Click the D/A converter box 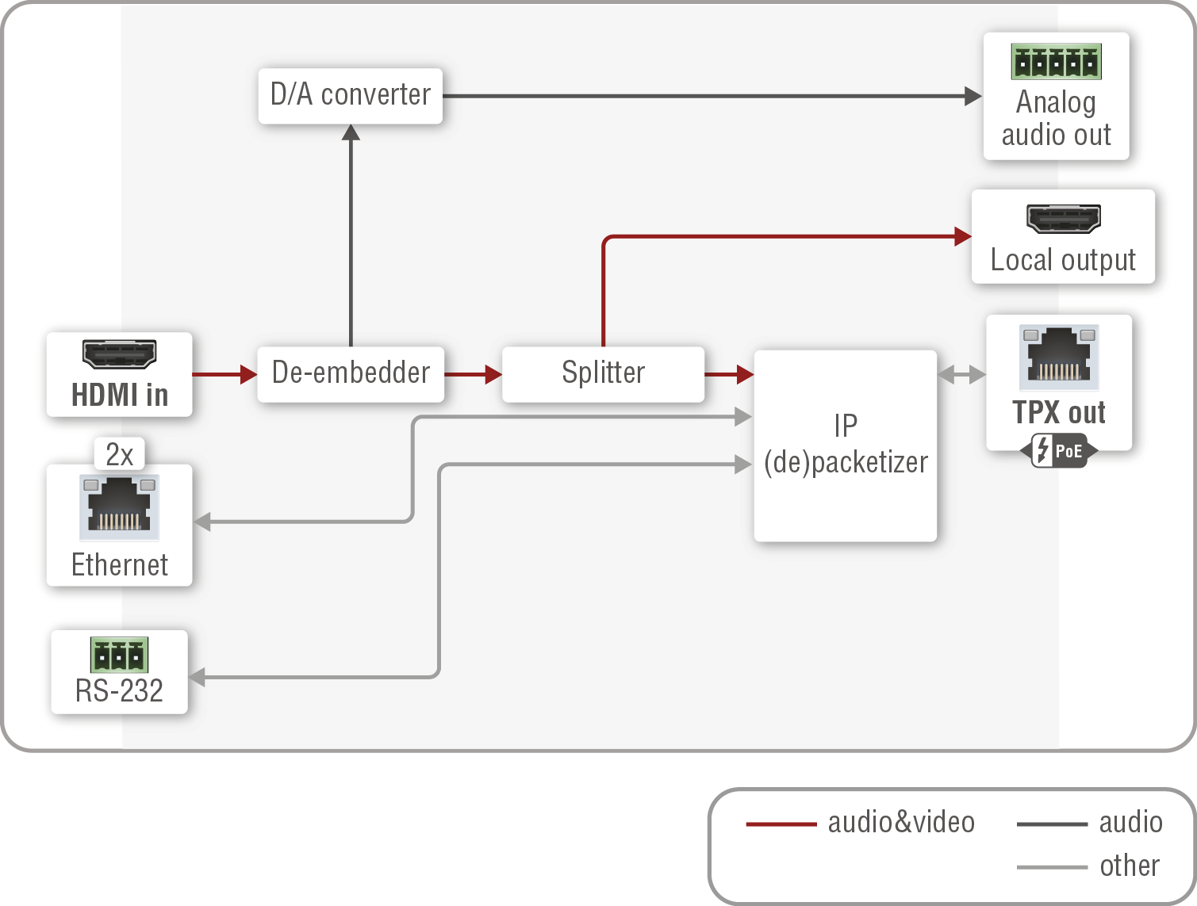pos(350,95)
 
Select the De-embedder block pos(350,373)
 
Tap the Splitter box pos(603,373)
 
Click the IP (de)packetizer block pos(845,445)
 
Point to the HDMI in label pos(120,395)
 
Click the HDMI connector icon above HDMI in pos(120,354)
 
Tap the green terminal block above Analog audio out pos(1056,62)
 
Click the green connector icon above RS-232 pos(119,656)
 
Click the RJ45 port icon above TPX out pos(1059,357)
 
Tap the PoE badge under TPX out pos(1059,451)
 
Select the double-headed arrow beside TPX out pos(961,375)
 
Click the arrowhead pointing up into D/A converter pos(351,132)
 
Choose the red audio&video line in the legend pos(781,824)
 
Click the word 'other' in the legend pos(1130,866)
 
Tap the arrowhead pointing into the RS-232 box pos(198,677)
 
